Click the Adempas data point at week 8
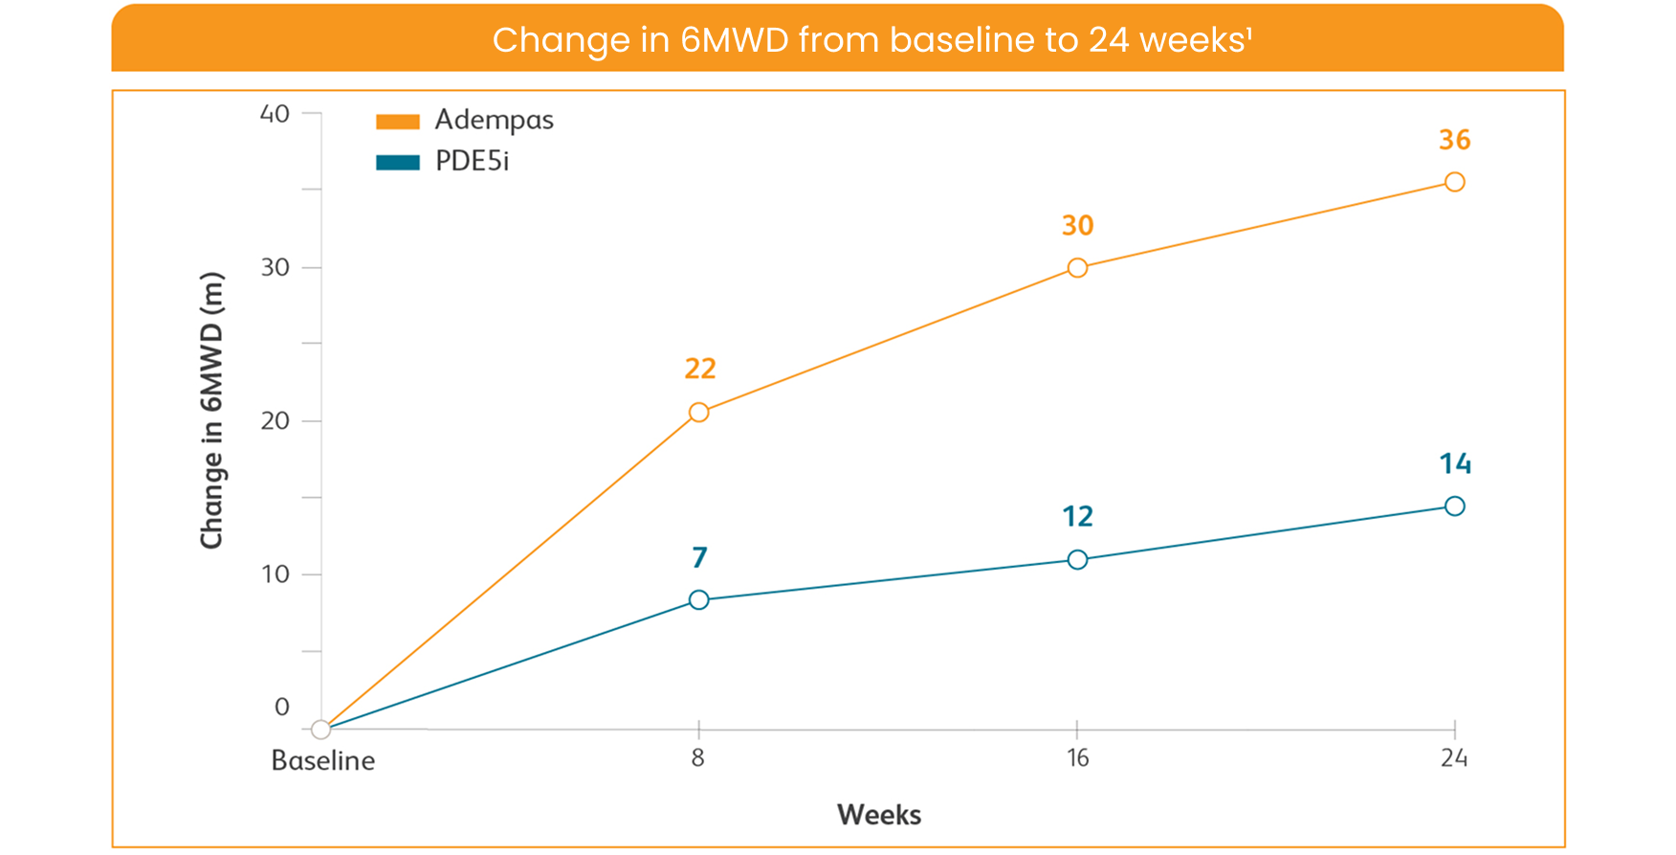pyautogui.click(x=699, y=413)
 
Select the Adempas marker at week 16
pyautogui.click(x=1077, y=268)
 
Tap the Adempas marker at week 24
pyautogui.click(x=1454, y=182)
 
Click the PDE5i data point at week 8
pyautogui.click(x=699, y=600)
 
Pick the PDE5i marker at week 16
pyautogui.click(x=1077, y=560)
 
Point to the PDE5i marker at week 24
pyautogui.click(x=1454, y=506)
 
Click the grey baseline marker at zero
pyautogui.click(x=321, y=730)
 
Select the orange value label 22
pyautogui.click(x=700, y=369)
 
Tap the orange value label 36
pyautogui.click(x=1454, y=140)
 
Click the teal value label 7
pyautogui.click(x=699, y=557)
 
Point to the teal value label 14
pyautogui.click(x=1454, y=464)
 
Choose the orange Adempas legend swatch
pyautogui.click(x=398, y=122)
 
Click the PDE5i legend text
pyautogui.click(x=472, y=161)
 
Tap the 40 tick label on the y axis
pyautogui.click(x=275, y=114)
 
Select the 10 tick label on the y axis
pyautogui.click(x=275, y=574)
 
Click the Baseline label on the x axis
pyautogui.click(x=323, y=761)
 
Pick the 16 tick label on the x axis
pyautogui.click(x=1077, y=758)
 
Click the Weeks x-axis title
pyautogui.click(x=878, y=815)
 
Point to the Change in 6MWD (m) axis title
pyautogui.click(x=211, y=411)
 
